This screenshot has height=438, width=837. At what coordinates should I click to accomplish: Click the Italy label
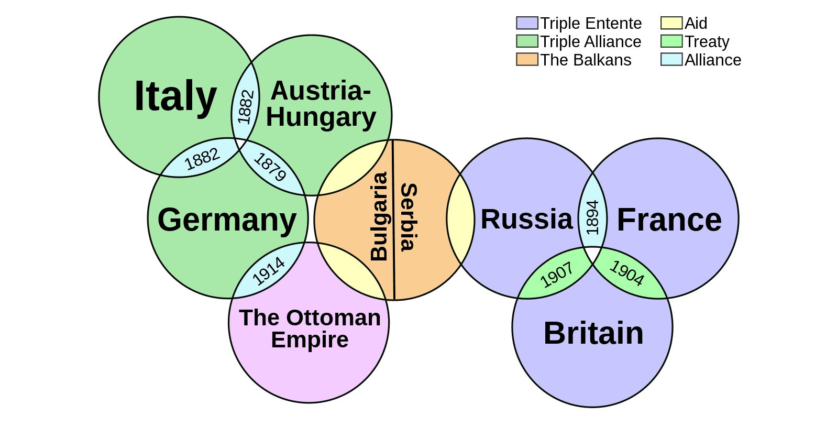(175, 96)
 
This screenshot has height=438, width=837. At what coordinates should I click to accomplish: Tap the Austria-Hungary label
(321, 104)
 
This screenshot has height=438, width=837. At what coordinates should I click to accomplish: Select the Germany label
(227, 220)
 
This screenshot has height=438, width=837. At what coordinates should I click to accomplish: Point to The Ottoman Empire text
(310, 328)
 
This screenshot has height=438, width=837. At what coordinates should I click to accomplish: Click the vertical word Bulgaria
(379, 216)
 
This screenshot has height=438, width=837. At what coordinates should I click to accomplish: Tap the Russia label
(526, 219)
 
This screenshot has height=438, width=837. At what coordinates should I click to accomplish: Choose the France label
(669, 220)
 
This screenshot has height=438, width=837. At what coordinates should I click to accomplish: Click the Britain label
(593, 333)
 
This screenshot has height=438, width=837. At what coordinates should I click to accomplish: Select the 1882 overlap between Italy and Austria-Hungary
(245, 106)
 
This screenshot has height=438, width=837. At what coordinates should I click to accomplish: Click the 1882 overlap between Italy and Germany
(202, 159)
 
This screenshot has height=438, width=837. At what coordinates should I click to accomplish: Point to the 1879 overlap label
(270, 167)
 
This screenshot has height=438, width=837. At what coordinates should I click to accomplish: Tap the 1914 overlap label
(268, 271)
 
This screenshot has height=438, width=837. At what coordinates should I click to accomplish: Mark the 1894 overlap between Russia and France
(592, 217)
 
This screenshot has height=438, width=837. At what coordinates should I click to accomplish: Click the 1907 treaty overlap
(556, 276)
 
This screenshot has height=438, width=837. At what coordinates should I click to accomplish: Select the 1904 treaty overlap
(627, 273)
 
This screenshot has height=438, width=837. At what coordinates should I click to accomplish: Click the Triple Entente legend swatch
(526, 23)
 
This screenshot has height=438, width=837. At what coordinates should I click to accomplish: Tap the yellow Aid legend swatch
(671, 23)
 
